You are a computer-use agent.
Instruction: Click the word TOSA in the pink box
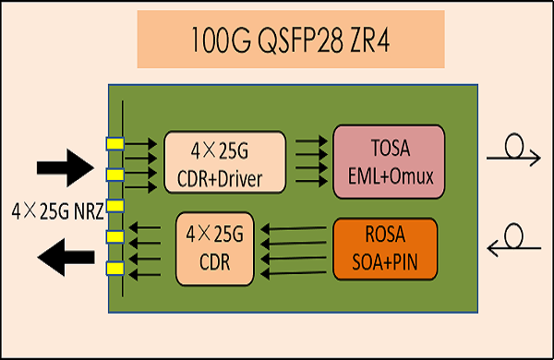point(389,149)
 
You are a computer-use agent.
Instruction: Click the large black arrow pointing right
point(66,168)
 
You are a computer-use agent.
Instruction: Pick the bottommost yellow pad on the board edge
point(114,268)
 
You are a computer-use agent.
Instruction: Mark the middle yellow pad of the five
point(114,205)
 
